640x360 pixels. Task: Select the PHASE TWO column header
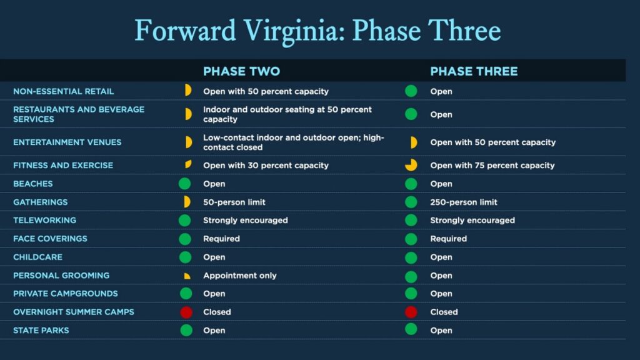(x=242, y=71)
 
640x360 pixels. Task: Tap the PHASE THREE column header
(x=474, y=71)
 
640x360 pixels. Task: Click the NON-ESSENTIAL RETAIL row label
(x=63, y=91)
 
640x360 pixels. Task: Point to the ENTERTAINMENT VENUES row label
(x=67, y=142)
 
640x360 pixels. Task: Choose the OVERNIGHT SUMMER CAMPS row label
(x=74, y=312)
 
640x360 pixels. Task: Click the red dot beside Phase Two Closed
(x=186, y=312)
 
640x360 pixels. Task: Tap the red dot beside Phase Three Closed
(x=411, y=312)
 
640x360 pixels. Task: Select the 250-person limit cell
(x=464, y=202)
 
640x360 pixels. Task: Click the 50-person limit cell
(x=234, y=202)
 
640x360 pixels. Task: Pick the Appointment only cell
(x=240, y=276)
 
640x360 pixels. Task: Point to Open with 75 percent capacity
(x=492, y=165)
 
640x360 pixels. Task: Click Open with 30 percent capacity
(x=266, y=165)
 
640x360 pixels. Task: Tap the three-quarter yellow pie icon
(x=411, y=165)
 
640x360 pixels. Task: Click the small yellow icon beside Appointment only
(x=187, y=276)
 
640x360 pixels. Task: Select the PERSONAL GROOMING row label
(x=61, y=276)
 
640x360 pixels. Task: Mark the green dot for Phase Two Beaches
(x=184, y=184)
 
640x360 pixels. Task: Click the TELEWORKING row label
(x=44, y=221)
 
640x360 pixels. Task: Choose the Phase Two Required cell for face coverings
(x=221, y=239)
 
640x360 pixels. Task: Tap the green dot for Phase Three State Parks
(x=411, y=329)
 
